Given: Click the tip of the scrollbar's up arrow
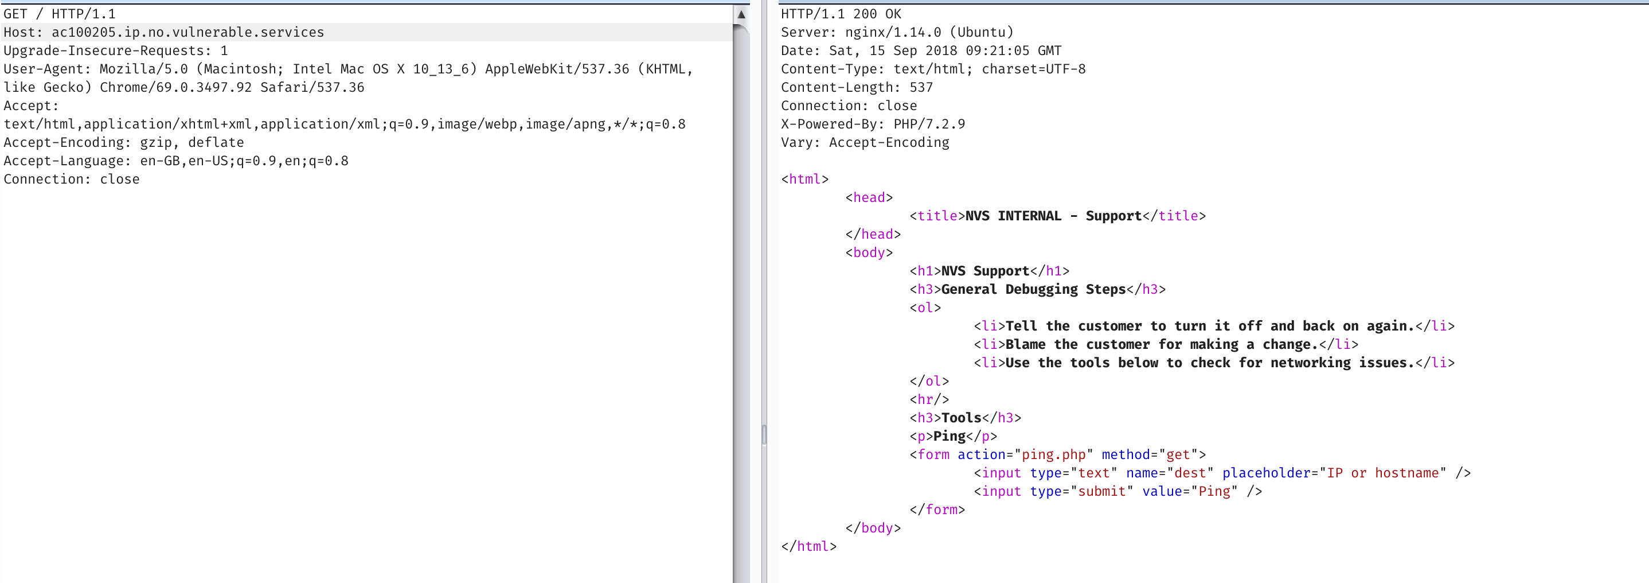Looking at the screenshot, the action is click(741, 9).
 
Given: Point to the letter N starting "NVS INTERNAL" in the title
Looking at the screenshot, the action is click(969, 216).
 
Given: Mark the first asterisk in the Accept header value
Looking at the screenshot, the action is click(618, 123).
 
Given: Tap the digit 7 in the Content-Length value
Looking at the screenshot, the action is click(929, 88).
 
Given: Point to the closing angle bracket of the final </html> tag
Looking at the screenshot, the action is click(833, 546).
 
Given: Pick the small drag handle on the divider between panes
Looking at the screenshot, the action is click(764, 434).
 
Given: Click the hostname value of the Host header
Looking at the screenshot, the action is click(188, 33).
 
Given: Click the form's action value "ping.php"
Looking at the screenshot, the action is click(1054, 455).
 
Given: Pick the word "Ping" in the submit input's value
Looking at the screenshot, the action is click(1214, 491).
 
